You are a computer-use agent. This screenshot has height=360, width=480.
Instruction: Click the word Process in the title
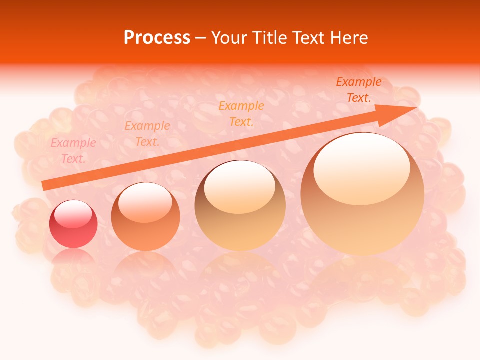click(157, 38)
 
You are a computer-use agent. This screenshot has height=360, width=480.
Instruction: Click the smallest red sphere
click(73, 224)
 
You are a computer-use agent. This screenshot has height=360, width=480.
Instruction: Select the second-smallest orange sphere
click(145, 217)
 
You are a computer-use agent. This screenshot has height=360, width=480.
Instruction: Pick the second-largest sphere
click(240, 205)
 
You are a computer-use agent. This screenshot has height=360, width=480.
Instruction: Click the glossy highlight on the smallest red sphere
click(73, 213)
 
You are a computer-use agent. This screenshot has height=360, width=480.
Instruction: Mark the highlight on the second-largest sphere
click(239, 187)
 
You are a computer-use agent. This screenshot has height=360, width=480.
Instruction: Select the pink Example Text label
click(73, 151)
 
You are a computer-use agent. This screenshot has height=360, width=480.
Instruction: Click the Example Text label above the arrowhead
click(358, 90)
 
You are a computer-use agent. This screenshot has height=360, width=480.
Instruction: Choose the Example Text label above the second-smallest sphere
click(147, 134)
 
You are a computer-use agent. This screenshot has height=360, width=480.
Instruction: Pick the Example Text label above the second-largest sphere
click(241, 113)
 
